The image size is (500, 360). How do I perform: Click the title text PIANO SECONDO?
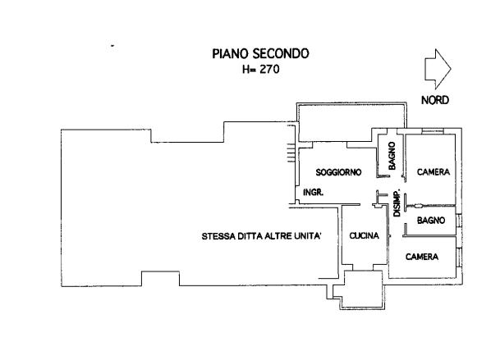(259, 55)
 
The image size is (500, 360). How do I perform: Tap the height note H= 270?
(259, 70)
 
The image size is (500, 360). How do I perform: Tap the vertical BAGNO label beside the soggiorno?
(393, 155)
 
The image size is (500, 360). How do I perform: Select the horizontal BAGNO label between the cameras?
(431, 221)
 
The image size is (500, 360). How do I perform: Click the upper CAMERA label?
(433, 172)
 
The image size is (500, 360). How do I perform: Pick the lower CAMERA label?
(423, 257)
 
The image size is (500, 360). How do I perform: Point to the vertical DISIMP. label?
(397, 205)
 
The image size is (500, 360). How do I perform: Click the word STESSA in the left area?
(218, 238)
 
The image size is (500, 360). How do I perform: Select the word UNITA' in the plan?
(315, 238)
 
